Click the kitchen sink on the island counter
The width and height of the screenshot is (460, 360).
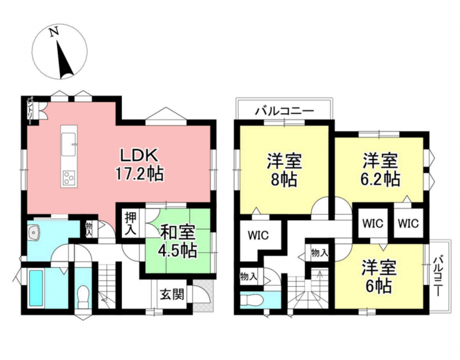point(69,144)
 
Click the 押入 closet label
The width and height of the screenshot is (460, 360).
point(130,224)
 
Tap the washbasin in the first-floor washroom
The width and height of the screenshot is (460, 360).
point(35,233)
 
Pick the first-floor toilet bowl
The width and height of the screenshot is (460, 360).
point(83,296)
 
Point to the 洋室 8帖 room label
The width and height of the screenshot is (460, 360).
point(284,170)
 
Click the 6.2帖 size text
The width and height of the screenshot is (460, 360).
point(380,179)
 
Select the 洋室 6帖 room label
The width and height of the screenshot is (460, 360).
point(379,276)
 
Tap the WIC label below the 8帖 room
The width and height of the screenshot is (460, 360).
point(258,235)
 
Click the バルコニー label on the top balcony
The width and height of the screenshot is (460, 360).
point(284,111)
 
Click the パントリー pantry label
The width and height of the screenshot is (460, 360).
point(30,108)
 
